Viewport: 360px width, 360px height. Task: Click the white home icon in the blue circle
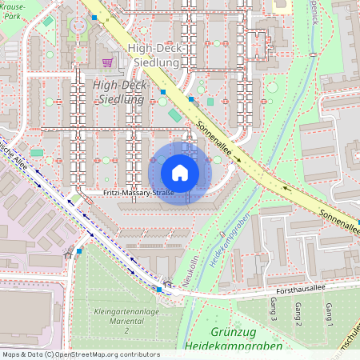(x=180, y=173)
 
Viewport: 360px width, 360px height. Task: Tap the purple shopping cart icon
(x=107, y=62)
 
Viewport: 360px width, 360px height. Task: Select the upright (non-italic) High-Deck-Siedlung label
(x=153, y=54)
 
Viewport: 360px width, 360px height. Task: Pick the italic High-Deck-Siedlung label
(x=118, y=92)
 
